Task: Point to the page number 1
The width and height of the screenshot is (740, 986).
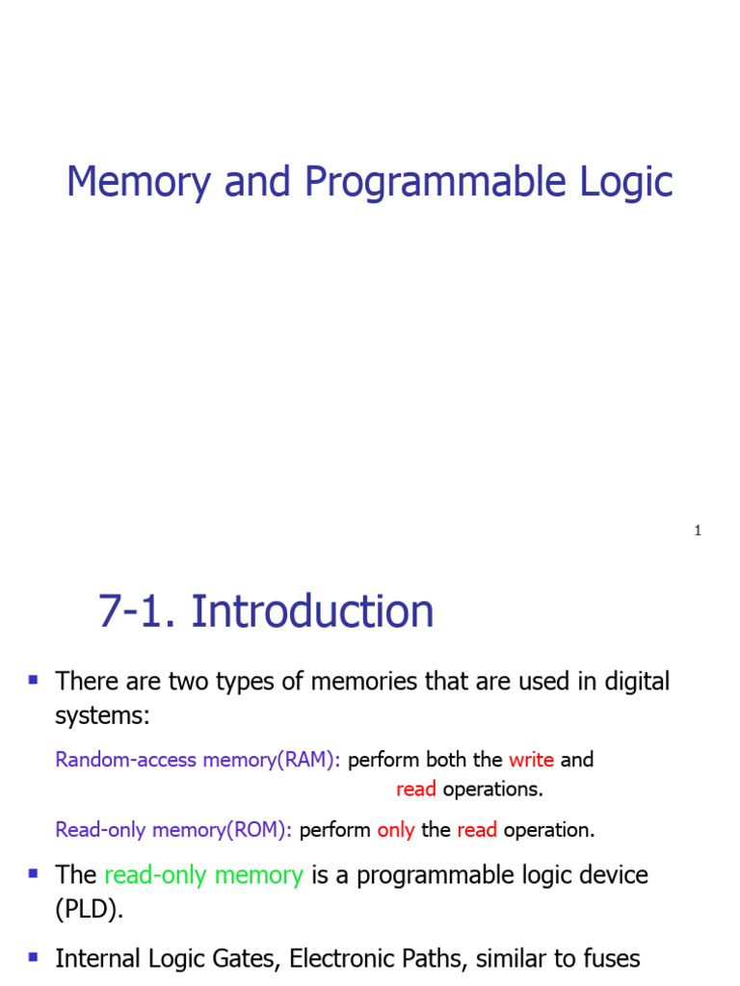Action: pyautogui.click(x=697, y=531)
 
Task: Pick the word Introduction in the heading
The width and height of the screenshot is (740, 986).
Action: pyautogui.click(x=312, y=612)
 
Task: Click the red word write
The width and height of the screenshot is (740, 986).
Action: pyautogui.click(x=531, y=760)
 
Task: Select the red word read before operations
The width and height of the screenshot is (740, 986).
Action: pyautogui.click(x=416, y=790)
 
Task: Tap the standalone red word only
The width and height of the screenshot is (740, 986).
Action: pyautogui.click(x=396, y=830)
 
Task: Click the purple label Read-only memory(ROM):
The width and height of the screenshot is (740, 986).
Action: pyautogui.click(x=173, y=830)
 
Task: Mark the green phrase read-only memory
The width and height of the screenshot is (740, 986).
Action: pyautogui.click(x=203, y=875)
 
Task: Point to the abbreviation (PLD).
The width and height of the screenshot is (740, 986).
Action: pyautogui.click(x=90, y=911)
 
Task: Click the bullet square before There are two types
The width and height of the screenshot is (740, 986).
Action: pyautogui.click(x=34, y=680)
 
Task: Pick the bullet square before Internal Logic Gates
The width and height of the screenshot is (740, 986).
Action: pyautogui.click(x=34, y=957)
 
